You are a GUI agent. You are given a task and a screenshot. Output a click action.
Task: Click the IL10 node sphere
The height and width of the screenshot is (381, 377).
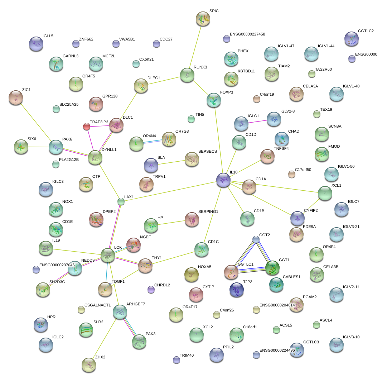click(x=223, y=180)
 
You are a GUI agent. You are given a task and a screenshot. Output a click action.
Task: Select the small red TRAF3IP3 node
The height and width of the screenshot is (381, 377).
click(x=86, y=127)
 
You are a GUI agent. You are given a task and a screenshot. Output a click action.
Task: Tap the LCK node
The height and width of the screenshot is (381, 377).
click(x=108, y=255)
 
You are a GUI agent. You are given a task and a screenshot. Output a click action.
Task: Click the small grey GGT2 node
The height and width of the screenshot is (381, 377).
click(x=256, y=239)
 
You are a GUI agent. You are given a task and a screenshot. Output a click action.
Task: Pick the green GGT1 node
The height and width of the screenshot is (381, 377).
click(x=272, y=267)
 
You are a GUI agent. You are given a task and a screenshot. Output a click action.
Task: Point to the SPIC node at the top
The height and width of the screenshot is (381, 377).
click(x=203, y=18)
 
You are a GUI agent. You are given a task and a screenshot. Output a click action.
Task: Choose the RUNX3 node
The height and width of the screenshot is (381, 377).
click(x=187, y=75)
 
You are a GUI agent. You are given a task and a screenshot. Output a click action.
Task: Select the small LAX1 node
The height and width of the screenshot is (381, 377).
click(x=121, y=201)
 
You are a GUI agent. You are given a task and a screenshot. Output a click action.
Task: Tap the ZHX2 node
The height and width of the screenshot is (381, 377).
click(x=88, y=365)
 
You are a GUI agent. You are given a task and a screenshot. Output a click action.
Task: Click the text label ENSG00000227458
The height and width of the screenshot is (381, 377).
click(x=247, y=34)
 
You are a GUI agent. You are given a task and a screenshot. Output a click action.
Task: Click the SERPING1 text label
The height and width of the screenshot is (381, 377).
click(x=208, y=211)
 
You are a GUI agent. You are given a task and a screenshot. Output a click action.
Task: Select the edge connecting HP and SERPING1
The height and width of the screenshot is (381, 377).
click(x=171, y=223)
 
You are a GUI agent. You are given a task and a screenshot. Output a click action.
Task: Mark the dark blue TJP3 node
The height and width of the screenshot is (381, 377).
click(x=237, y=290)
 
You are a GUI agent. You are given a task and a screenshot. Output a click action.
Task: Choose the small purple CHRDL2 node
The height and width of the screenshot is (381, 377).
click(x=151, y=289)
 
